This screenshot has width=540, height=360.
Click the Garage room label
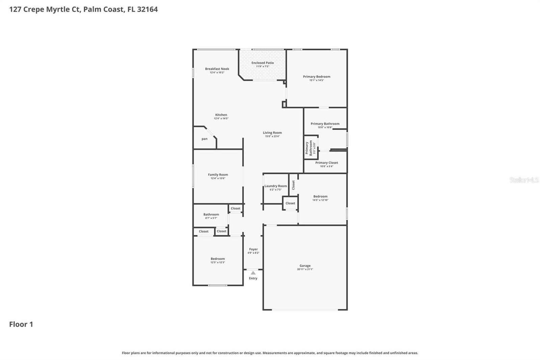click(x=305, y=266)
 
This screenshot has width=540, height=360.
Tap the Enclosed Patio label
click(x=263, y=63)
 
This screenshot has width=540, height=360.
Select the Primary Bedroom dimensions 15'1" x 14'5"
click(x=317, y=80)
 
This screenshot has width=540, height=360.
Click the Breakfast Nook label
click(x=217, y=69)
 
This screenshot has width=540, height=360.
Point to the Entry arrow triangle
click(x=253, y=273)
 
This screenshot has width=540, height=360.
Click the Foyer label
click(x=253, y=249)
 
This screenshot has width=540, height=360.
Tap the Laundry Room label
click(x=275, y=186)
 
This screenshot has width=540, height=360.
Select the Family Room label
click(x=218, y=175)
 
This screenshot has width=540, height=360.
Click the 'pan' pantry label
click(x=205, y=139)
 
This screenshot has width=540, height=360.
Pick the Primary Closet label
click(x=326, y=163)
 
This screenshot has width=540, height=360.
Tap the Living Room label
click(x=272, y=133)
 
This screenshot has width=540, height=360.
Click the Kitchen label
click(x=221, y=115)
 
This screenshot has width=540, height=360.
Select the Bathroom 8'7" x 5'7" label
click(x=211, y=214)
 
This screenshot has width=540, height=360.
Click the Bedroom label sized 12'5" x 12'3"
click(x=218, y=259)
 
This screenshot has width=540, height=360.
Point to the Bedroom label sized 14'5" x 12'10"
click(x=320, y=196)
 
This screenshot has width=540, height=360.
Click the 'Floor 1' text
click(x=21, y=324)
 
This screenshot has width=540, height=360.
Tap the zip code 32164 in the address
click(x=147, y=9)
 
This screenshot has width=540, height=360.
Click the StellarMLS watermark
click(x=524, y=180)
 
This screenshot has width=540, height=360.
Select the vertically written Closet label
click(x=293, y=185)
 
